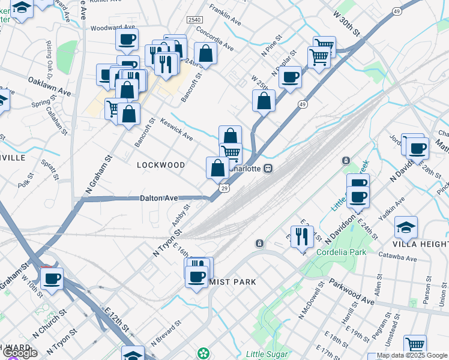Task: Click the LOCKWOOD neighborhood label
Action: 161,164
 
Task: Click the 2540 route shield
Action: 194,20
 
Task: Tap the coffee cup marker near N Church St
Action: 52,278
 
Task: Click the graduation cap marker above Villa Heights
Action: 406,227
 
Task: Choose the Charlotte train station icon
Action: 269,169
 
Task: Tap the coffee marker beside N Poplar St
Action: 290,77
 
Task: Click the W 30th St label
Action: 346,22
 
